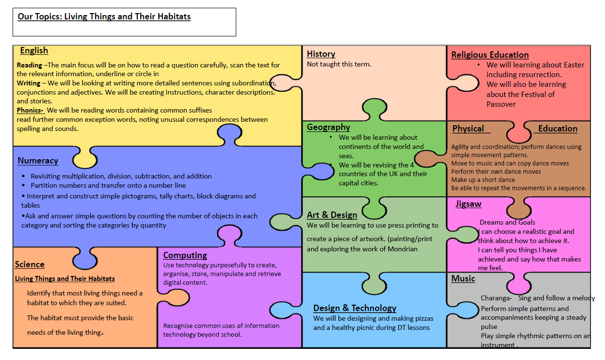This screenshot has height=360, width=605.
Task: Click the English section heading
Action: (x=34, y=50)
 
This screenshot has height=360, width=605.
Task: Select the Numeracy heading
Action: (x=38, y=161)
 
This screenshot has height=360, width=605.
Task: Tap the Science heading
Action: (x=30, y=264)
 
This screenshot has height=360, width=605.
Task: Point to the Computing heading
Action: (x=185, y=255)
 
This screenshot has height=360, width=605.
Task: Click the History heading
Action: (x=321, y=54)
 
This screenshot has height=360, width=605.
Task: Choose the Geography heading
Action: (x=328, y=127)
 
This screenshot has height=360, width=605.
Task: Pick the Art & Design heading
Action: (x=332, y=214)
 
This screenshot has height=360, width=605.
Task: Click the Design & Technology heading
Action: (x=355, y=308)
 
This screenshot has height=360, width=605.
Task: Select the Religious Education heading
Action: (x=490, y=55)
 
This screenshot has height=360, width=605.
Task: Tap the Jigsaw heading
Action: (x=468, y=204)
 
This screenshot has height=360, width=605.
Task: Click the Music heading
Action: (x=463, y=278)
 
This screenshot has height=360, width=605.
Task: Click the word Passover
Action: (x=501, y=104)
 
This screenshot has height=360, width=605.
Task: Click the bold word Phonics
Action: (x=30, y=110)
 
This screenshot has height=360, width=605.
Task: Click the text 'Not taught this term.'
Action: (x=339, y=64)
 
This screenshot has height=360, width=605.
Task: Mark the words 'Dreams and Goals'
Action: (x=507, y=222)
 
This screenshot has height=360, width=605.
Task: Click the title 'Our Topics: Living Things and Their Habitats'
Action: (x=104, y=16)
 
